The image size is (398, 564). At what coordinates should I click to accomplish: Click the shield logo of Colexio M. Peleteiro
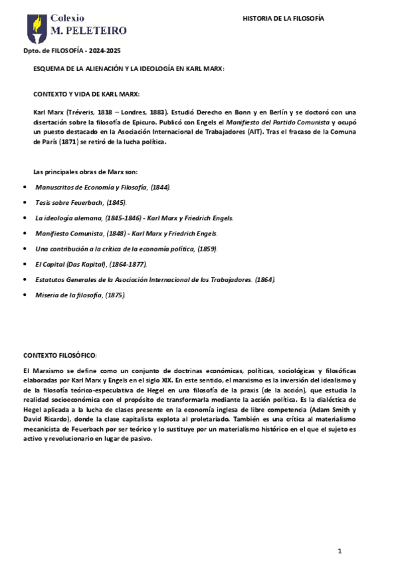point(37,27)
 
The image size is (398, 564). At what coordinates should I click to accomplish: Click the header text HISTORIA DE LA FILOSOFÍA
point(283,19)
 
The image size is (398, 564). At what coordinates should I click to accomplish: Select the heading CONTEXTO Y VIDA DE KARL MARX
point(86,93)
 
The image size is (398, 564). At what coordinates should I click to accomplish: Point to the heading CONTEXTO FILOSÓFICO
point(60,356)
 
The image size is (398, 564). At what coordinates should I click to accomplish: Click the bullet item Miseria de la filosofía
point(80,295)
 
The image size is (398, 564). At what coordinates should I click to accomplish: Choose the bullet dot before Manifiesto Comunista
point(25,233)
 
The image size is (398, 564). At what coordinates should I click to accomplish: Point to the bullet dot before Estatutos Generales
point(25,279)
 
